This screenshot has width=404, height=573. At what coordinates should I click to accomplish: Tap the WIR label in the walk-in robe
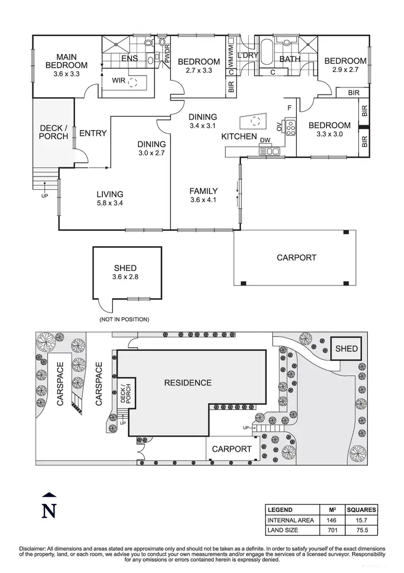click(119, 81)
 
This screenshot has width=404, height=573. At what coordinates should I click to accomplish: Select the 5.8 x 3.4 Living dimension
click(110, 203)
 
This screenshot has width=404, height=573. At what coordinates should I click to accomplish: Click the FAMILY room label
click(203, 191)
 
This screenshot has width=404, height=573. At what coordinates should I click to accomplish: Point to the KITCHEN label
click(239, 137)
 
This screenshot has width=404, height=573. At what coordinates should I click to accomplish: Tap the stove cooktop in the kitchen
click(290, 127)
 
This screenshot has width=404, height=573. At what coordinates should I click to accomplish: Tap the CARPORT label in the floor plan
click(296, 257)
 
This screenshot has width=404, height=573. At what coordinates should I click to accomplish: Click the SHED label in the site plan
click(346, 348)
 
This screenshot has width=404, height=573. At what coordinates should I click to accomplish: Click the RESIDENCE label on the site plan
click(187, 383)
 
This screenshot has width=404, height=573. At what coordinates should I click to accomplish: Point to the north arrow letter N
click(49, 510)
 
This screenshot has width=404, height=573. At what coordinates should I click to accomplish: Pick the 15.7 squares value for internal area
click(361, 520)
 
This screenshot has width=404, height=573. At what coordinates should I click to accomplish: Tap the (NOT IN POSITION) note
click(124, 319)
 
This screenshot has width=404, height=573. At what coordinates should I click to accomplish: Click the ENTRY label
click(93, 133)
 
